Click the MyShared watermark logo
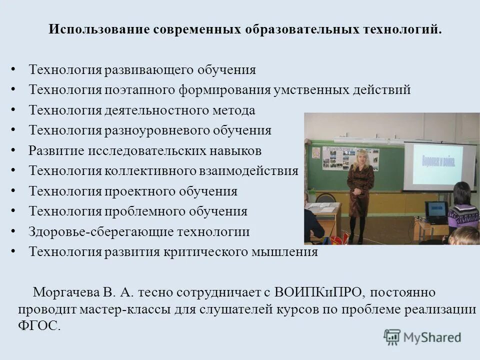click(x=422, y=337)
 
